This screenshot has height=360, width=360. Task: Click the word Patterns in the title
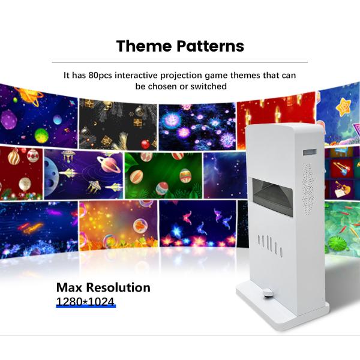[209, 46]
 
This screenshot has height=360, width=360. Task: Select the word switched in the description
[208, 86]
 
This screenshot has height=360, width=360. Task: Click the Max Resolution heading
[103, 287]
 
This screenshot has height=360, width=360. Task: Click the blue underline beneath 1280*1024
[86, 307]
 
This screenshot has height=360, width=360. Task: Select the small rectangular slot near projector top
[309, 152]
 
